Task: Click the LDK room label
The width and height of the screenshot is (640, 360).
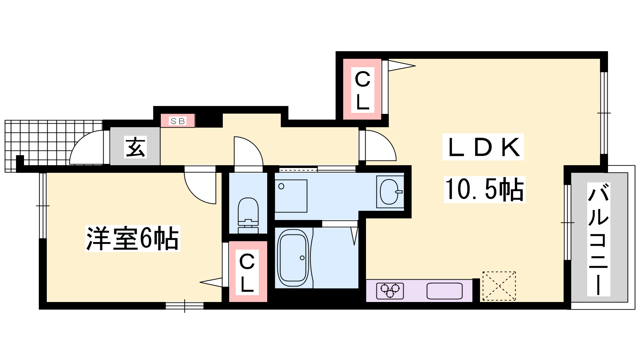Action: pyautogui.click(x=483, y=147)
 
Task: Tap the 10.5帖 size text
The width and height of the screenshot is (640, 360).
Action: pyautogui.click(x=484, y=190)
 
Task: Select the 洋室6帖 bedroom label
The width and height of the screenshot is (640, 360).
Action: pyautogui.click(x=132, y=238)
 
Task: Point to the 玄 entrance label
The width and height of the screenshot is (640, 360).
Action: pyautogui.click(x=136, y=147)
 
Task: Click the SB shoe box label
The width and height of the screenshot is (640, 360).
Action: pyautogui.click(x=178, y=121)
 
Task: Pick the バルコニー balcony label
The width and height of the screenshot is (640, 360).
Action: pyautogui.click(x=598, y=240)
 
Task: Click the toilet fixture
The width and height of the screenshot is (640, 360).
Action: pyautogui.click(x=248, y=216)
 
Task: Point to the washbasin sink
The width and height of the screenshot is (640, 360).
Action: pyautogui.click(x=390, y=192)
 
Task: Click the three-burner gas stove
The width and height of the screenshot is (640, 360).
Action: pyautogui.click(x=390, y=291)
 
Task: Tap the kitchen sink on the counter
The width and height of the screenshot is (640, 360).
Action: pyautogui.click(x=444, y=291)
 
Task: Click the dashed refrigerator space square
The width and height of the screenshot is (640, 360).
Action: pyautogui.click(x=499, y=286)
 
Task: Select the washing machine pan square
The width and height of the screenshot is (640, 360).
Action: pyautogui.click(x=291, y=196)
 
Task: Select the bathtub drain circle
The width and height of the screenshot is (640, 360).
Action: pyautogui.click(x=302, y=258)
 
